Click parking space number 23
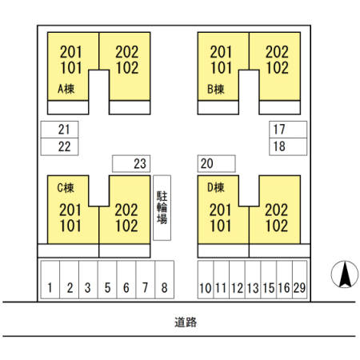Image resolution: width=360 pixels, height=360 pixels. pos(131,163)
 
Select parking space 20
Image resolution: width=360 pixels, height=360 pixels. pos(217,163)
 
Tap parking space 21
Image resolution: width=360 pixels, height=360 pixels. pos(59,130)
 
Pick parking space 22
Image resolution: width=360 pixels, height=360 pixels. pos(59,146)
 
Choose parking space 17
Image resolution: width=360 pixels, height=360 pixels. pos(288,130)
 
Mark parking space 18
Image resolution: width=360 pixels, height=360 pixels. pos(288,146)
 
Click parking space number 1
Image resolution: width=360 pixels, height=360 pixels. pos(50,279)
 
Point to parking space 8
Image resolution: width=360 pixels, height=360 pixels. pos(165,279)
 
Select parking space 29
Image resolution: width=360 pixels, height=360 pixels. pos(300,279)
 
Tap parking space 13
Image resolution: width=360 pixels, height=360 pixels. pos(253,279)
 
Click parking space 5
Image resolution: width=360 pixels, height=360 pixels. pos(107,279)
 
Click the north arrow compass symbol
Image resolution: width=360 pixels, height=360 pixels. pos(345,274)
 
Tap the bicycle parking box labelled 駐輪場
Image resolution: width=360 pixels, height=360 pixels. pos(162,208)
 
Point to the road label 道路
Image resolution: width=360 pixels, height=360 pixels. pos(186,322)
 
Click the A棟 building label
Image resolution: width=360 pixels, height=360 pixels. pos(66,89)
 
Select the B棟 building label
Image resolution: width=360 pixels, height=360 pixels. pos(216,89)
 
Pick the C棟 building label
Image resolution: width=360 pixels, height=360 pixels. pos(66,188)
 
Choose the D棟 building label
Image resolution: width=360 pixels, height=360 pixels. pos(216,187)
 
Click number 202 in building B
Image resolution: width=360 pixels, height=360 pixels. pos(277,52)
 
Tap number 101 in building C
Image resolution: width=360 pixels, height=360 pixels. pos(70,226)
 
